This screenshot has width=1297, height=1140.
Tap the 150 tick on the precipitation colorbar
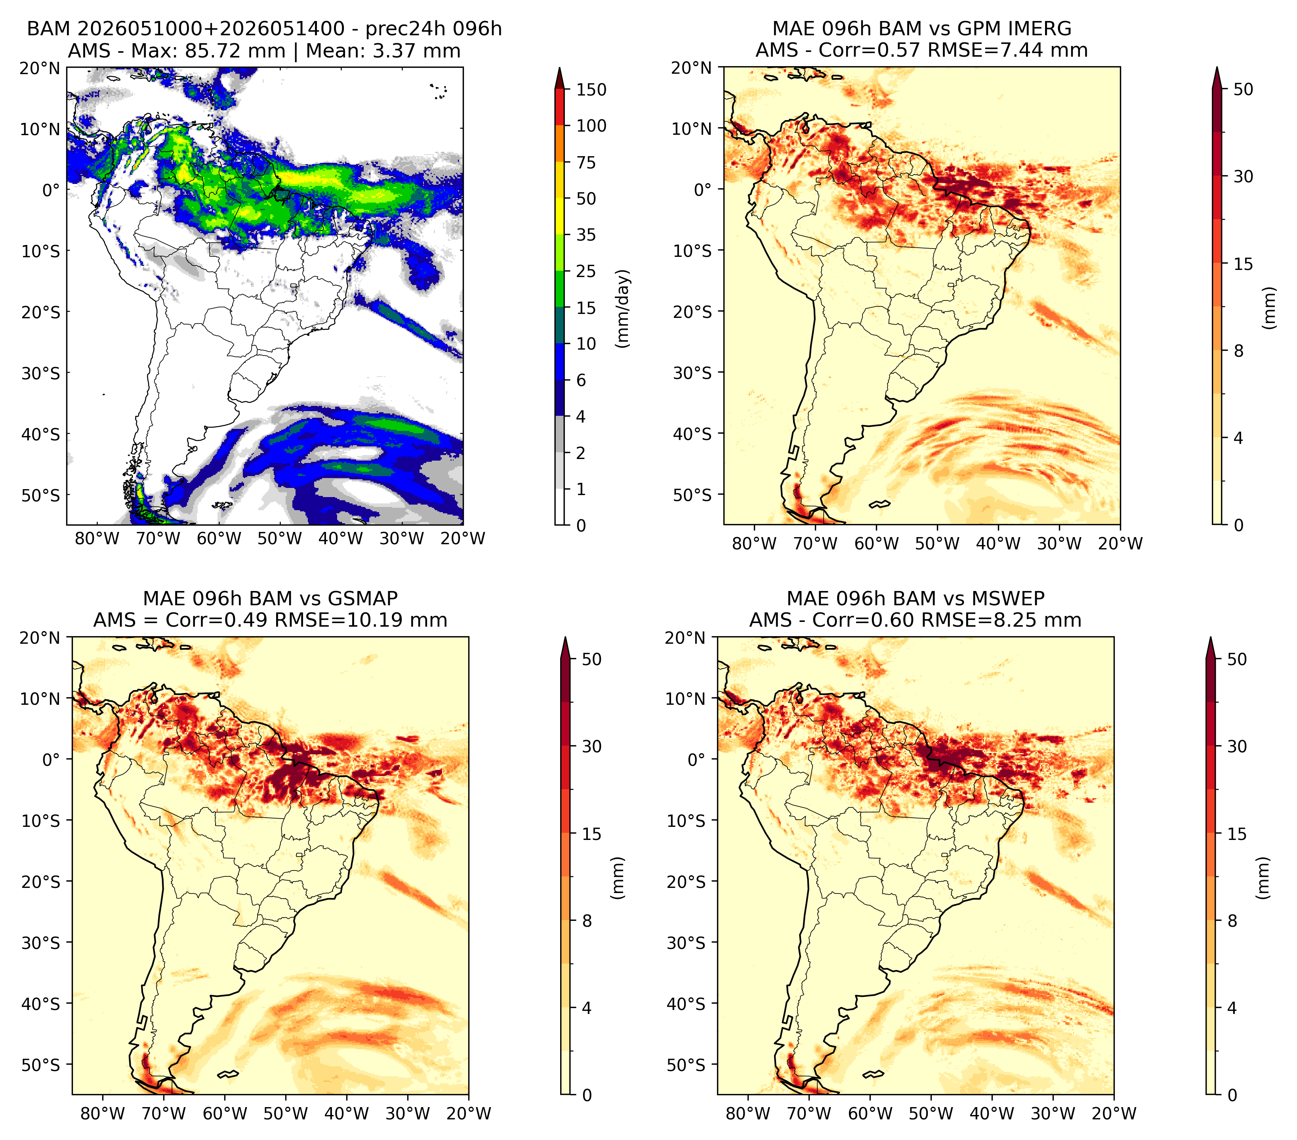click(x=591, y=90)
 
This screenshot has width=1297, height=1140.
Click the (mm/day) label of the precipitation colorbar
click(x=623, y=308)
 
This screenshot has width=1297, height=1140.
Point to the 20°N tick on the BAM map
click(x=39, y=68)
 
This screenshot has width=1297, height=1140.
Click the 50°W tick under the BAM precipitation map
click(x=279, y=538)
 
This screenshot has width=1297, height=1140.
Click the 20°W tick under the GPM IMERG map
click(x=1120, y=543)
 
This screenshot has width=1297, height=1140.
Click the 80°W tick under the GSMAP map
click(x=103, y=1113)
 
